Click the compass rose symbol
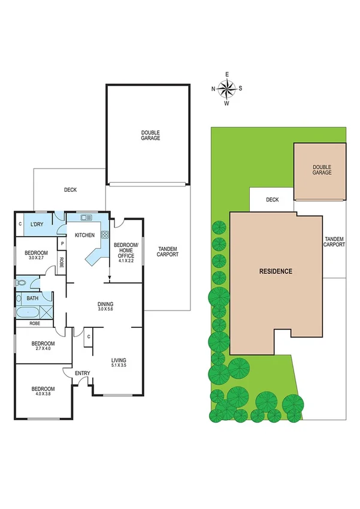coord(226,89)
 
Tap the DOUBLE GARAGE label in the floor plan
coord(150,135)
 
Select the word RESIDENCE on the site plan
coord(276,271)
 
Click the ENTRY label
coord(82,374)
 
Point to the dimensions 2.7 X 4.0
coord(44,348)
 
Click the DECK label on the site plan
coord(273,200)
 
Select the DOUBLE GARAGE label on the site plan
coord(322,170)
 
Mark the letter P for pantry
coord(61,243)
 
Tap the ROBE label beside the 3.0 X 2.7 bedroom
coord(61,262)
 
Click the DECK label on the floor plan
coord(70,190)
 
